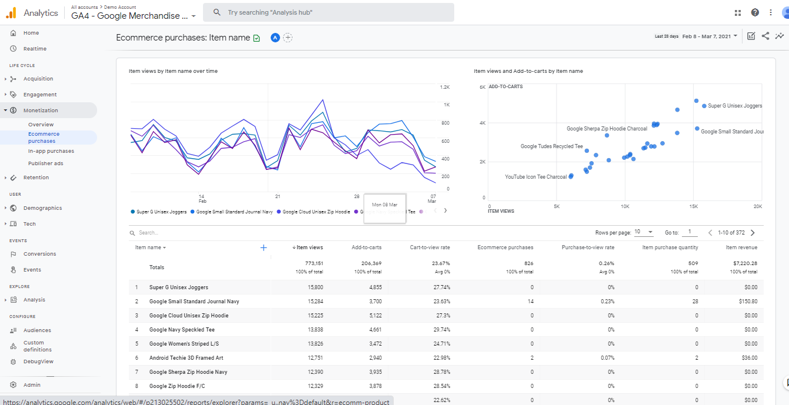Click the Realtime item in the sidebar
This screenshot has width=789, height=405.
34,49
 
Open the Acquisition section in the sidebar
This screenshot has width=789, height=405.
38,79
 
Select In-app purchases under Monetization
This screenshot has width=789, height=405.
51,151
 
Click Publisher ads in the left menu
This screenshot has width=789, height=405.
45,163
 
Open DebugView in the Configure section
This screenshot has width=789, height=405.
38,362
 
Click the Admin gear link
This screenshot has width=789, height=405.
32,385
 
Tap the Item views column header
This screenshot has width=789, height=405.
309,247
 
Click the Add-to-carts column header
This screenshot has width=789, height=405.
366,247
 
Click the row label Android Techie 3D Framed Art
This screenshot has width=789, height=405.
186,358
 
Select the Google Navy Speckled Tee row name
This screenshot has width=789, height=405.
182,330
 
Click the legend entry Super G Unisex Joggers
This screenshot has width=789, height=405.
161,212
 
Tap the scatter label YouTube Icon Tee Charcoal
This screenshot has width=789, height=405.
535,177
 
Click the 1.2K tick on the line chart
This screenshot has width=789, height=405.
445,87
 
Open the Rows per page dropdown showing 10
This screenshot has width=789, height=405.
644,232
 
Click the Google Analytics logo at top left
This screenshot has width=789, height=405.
11,13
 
